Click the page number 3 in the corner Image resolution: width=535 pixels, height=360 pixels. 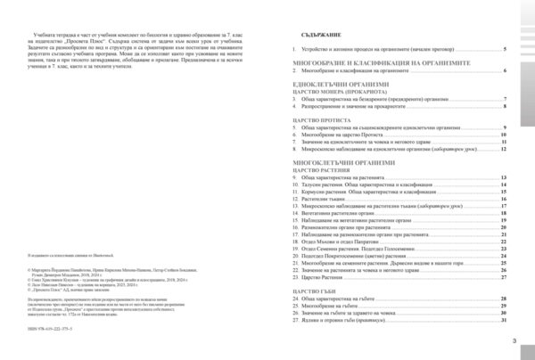click(514, 340)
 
